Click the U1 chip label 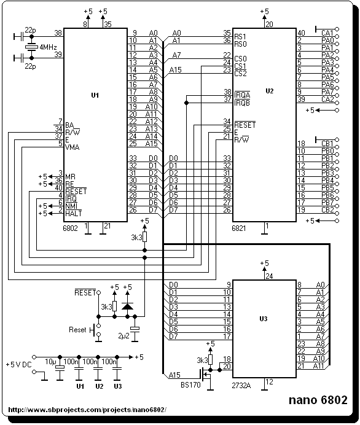[95, 95]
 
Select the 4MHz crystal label [49, 47]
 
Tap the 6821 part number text [238, 228]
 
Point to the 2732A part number [241, 385]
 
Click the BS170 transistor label [190, 384]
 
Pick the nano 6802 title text [318, 400]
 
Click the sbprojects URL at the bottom [87, 410]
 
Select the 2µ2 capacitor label [123, 336]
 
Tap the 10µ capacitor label [50, 362]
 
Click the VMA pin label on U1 [72, 147]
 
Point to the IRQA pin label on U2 [242, 95]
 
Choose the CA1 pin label [327, 33]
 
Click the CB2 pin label [327, 210]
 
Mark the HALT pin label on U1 [74, 214]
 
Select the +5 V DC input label [18, 365]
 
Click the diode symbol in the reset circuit [127, 306]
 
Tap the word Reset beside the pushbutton [77, 330]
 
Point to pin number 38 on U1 [58, 33]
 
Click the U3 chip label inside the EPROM [264, 319]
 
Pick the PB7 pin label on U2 [327, 203]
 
